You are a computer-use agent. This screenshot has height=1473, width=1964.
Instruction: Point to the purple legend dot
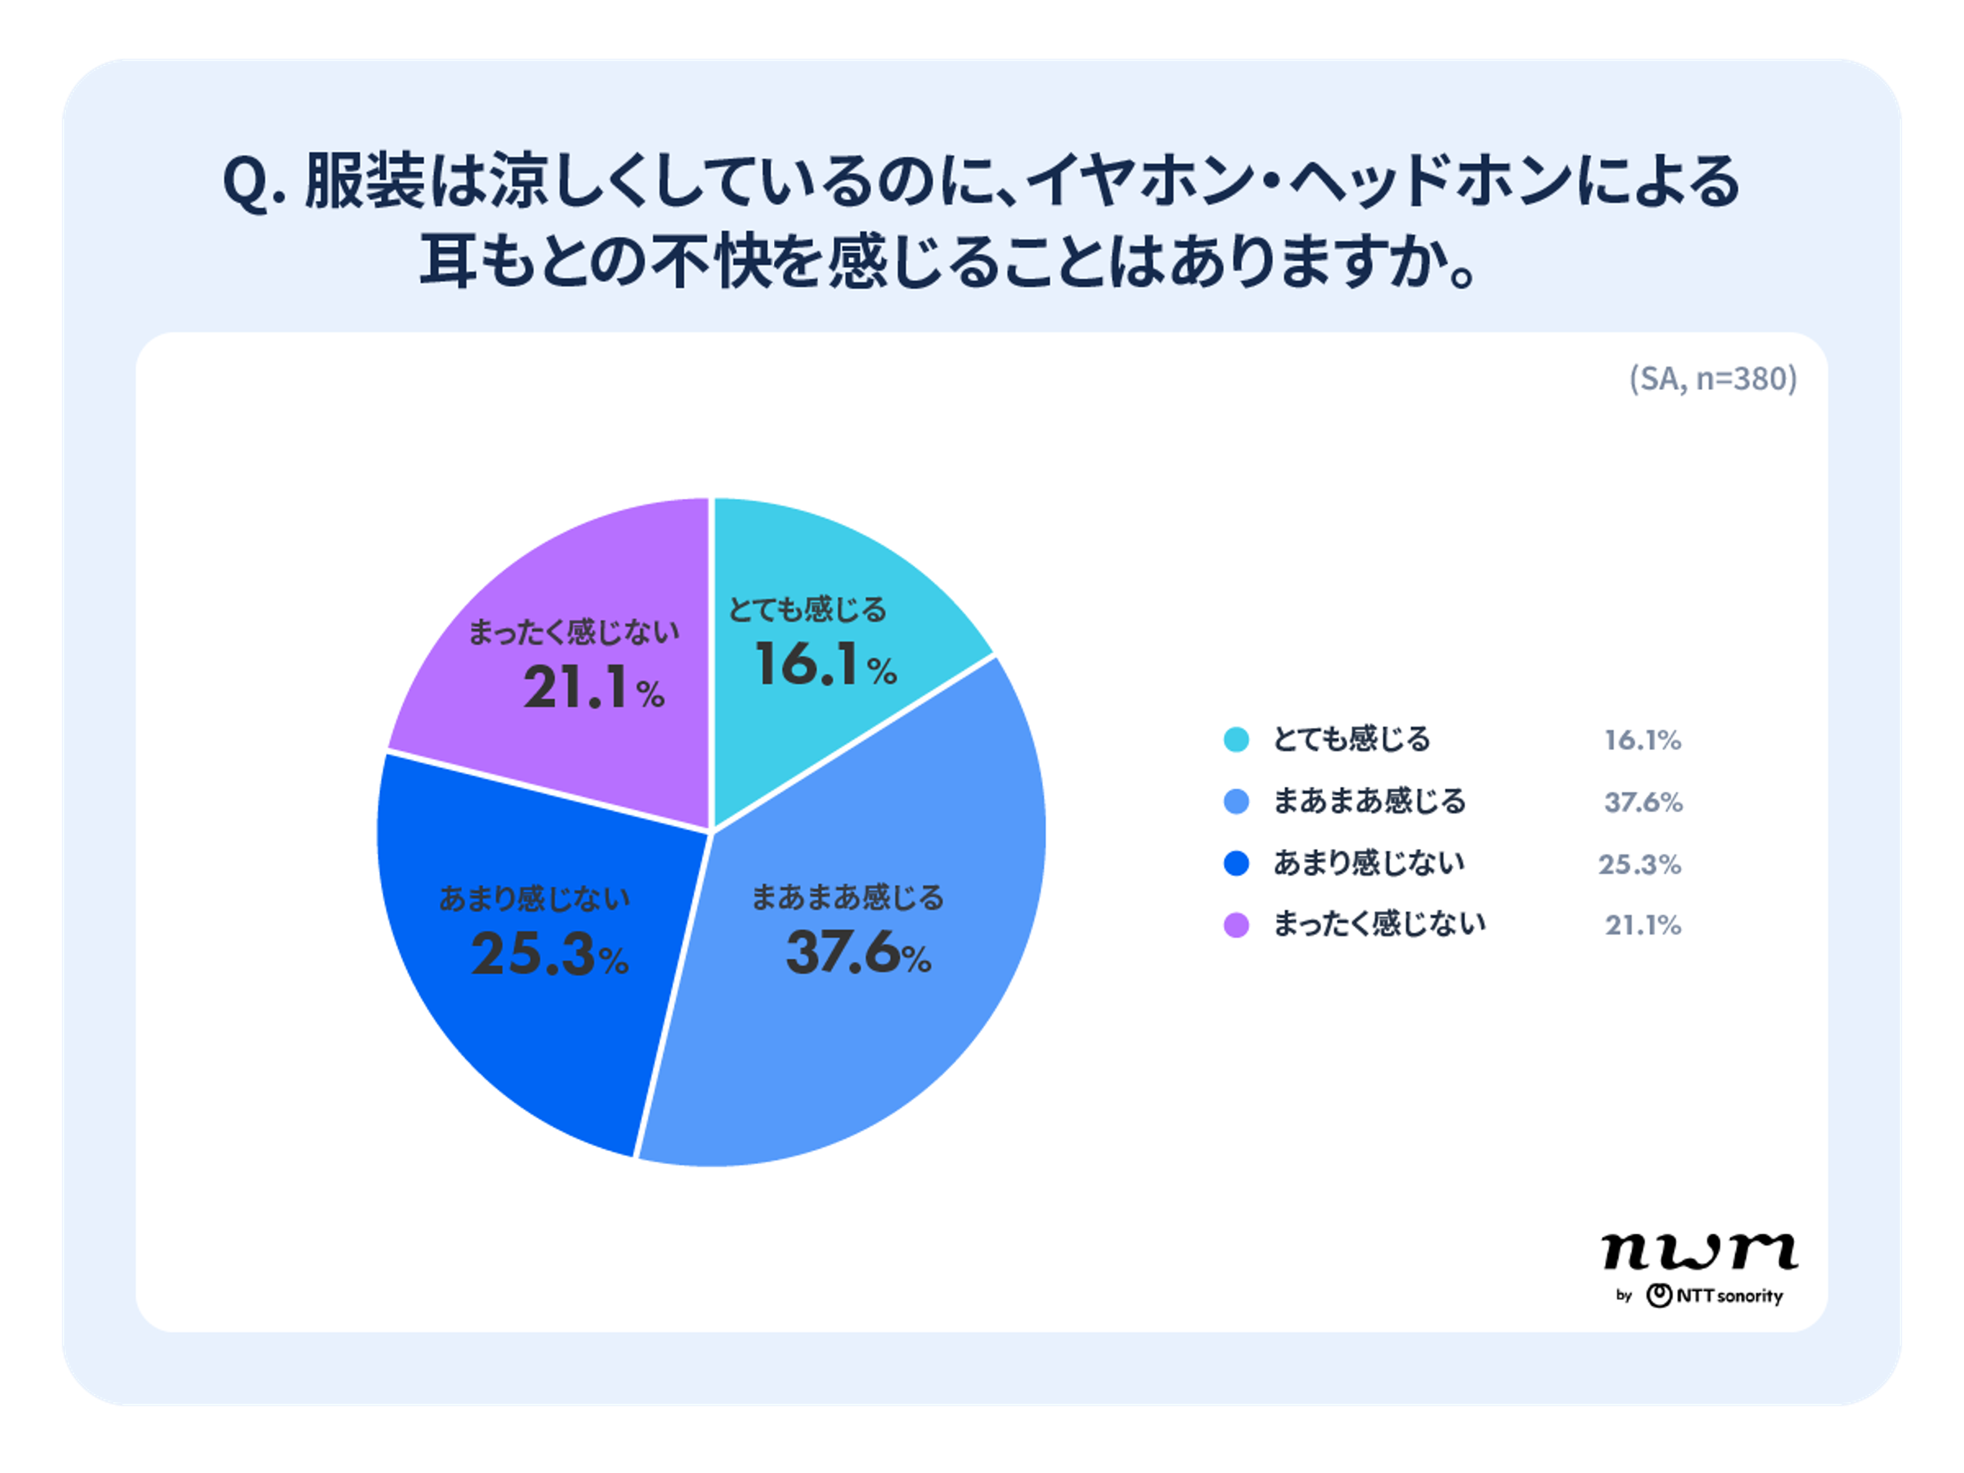point(1236,925)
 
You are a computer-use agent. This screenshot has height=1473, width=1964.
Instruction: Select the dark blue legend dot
point(1236,863)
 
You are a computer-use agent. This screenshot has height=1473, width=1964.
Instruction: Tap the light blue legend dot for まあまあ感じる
point(1236,802)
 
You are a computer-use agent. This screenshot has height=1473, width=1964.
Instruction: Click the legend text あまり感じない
point(1368,863)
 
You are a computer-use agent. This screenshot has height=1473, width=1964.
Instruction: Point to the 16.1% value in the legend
point(1643,740)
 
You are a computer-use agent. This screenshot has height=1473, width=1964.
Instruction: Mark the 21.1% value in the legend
point(1643,926)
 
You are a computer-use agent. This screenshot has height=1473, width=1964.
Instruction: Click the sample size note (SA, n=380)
point(1713,379)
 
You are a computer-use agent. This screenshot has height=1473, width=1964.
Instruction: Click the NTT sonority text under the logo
point(1729,1296)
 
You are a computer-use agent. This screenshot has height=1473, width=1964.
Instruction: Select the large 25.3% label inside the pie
point(549,955)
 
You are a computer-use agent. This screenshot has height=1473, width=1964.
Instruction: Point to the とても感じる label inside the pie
point(807,610)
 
